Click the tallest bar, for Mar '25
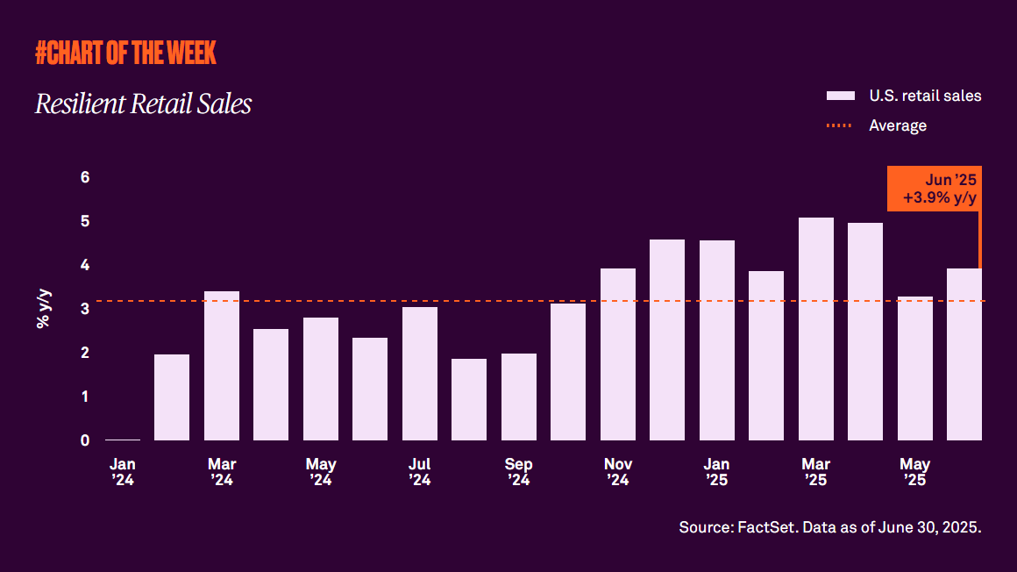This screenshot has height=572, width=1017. pos(815,329)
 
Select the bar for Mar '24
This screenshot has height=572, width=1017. pos(221,366)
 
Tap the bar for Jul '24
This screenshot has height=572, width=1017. pos(419,374)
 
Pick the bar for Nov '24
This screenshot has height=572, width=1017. pos(617,354)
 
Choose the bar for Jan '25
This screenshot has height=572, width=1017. pos(716,340)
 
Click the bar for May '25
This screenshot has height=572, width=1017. pos(914,368)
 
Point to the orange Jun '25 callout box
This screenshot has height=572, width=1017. pos(933,189)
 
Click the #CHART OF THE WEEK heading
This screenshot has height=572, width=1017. pos(125,54)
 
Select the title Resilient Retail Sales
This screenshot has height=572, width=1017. pos(143,104)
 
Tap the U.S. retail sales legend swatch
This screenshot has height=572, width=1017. pos(841,96)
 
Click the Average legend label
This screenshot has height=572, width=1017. pos(898,125)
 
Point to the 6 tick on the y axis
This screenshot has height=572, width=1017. pos(85,177)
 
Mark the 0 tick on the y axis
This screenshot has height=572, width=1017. pos(85,440)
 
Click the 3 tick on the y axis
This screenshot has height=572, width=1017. pos(85,309)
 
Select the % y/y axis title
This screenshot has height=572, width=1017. pos(43,309)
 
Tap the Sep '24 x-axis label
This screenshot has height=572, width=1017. pos(518,472)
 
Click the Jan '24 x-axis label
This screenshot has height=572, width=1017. pos(122,472)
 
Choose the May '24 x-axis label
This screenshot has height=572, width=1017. pos(320,472)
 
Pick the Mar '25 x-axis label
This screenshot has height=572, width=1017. pos(815,472)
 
